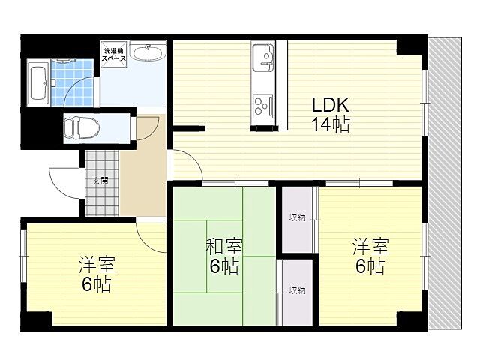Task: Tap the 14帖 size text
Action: point(330,124)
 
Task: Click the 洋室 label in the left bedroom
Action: point(97,265)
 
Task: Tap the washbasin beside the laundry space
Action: point(147,52)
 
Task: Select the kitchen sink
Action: point(264,55)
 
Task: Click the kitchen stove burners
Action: point(264,104)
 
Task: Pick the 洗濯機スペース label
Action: point(115,53)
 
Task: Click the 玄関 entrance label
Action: point(100,181)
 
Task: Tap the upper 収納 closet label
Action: point(298,218)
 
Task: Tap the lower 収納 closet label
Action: point(297,289)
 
